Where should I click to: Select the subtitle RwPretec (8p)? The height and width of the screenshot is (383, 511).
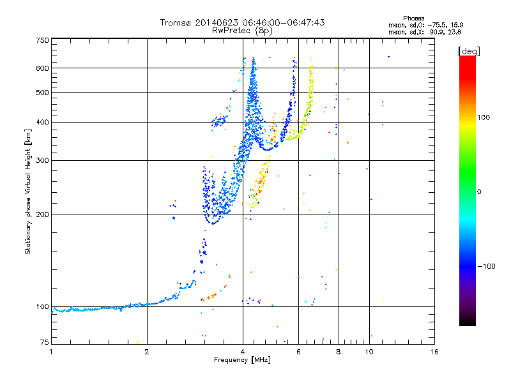click(x=242, y=31)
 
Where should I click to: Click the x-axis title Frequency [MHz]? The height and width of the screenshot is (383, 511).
click(x=242, y=360)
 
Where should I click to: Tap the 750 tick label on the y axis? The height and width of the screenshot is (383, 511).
click(x=43, y=40)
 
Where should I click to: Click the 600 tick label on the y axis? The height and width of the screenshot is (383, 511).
click(x=43, y=68)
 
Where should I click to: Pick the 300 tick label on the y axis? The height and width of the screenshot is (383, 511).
click(x=43, y=160)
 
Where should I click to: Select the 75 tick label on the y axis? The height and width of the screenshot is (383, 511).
click(x=45, y=342)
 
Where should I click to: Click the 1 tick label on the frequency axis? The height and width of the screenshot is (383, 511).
click(x=51, y=352)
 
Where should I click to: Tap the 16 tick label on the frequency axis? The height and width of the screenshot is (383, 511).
click(x=434, y=352)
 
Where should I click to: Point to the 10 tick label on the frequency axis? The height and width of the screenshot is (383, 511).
click(x=369, y=352)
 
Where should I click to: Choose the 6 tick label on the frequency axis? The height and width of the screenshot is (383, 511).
click(x=298, y=352)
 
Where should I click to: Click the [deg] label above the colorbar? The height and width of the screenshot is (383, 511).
click(x=469, y=51)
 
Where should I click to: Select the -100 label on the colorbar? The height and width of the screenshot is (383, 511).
click(x=487, y=266)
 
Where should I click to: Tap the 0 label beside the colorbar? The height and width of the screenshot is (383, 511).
click(x=479, y=191)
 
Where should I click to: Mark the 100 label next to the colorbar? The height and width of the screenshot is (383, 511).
click(x=484, y=117)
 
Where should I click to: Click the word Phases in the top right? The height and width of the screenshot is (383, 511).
click(x=413, y=19)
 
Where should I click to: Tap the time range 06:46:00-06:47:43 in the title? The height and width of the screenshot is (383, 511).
click(x=284, y=22)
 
